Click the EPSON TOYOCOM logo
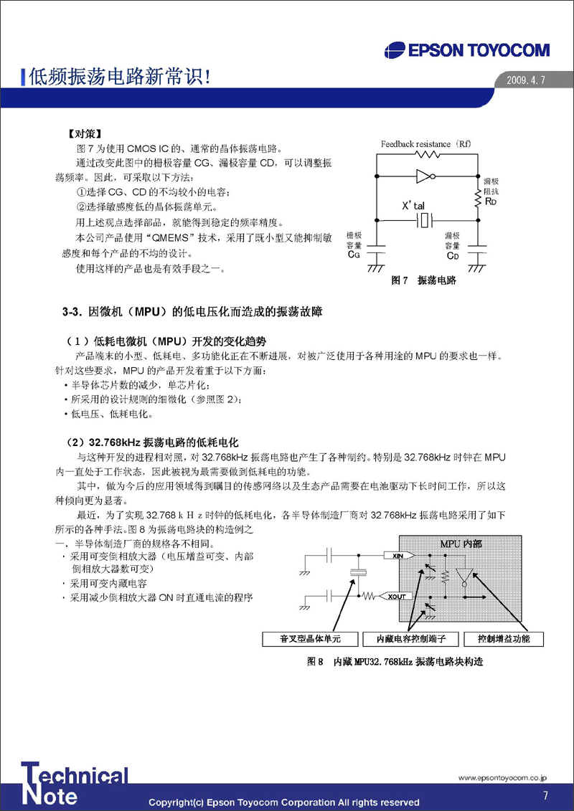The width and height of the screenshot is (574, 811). [x=467, y=50]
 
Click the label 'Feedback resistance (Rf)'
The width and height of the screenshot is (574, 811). [x=425, y=143]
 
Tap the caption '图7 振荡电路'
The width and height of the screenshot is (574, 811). [x=423, y=280]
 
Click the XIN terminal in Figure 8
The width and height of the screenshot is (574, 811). [x=396, y=556]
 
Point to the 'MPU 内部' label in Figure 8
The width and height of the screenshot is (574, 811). [x=460, y=544]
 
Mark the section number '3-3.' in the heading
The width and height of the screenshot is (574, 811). [x=73, y=312]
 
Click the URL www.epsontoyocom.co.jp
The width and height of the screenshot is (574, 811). [x=503, y=777]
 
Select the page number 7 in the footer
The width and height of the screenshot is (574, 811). [x=545, y=795]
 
